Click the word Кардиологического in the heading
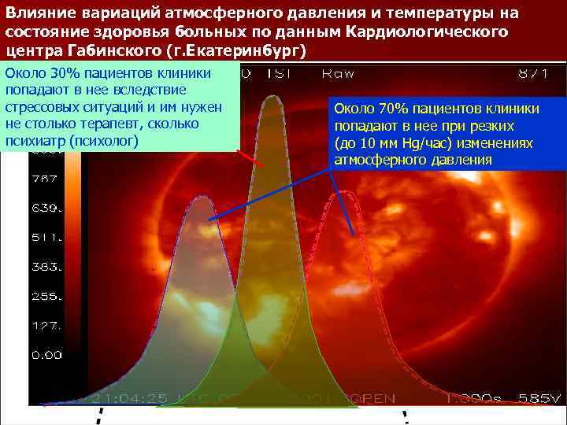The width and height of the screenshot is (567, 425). pos(428,32)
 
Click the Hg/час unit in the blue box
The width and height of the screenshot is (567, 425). pos(416,143)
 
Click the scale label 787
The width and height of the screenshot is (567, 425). pos(44,179)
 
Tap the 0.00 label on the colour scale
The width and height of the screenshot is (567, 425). pos(46,355)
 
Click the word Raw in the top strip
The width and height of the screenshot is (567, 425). pos(337,73)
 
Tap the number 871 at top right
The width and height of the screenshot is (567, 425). pos(534,73)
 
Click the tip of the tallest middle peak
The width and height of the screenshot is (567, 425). pos(272,97)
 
